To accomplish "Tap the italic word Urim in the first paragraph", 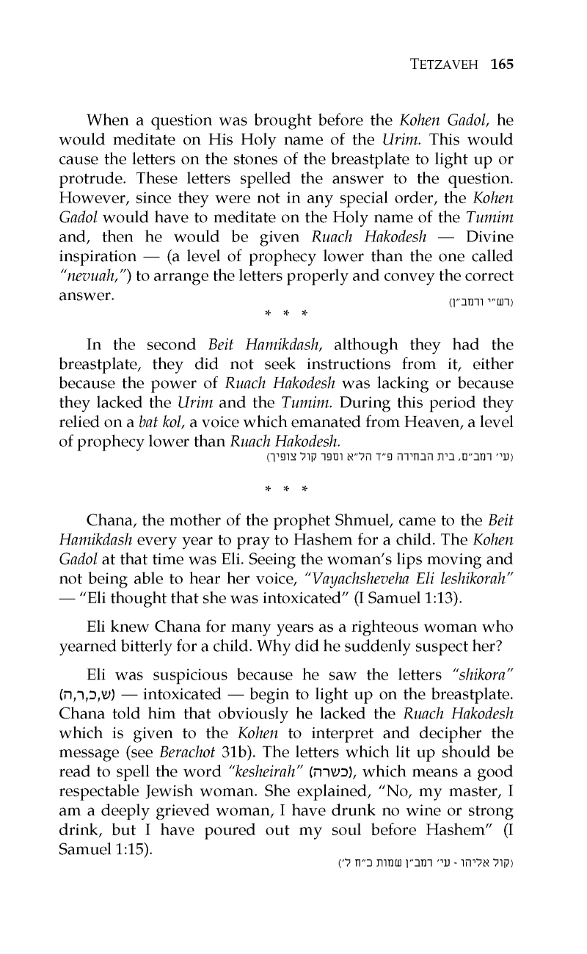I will pyautogui.click(x=398, y=139).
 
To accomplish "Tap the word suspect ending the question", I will pyautogui.click(x=456, y=647).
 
